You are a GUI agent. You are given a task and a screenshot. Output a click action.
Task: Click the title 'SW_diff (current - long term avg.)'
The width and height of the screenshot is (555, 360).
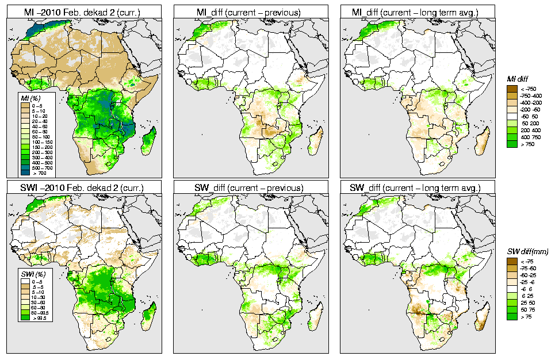pos(416,188)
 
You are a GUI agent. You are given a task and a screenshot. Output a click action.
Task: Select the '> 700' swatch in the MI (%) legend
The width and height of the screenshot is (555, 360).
pos(26,173)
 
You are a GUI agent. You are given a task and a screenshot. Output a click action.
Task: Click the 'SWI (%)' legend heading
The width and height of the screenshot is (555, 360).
pos(29,273)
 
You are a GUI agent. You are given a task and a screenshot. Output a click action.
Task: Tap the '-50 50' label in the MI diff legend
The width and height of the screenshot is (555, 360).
pos(528,117)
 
